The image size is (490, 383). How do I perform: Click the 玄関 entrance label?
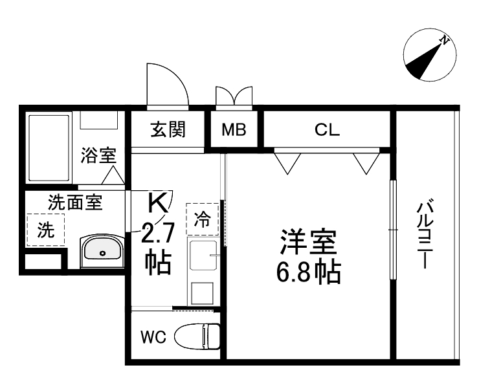coord(168,130)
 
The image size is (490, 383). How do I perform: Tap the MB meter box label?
coord(234,130)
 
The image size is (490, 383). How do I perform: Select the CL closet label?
coord(327,130)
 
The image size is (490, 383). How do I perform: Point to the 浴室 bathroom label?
coord(98,155)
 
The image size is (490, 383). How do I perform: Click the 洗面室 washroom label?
coord(75,202)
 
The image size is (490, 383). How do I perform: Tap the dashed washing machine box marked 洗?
coord(46,230)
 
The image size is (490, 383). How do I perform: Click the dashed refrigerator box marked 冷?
coord(203,219)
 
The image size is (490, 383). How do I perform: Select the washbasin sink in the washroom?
coord(100,250)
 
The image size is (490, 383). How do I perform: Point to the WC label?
coord(153,337)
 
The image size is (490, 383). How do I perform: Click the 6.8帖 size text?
coord(307,274)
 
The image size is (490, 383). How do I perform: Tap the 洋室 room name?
coord(307,243)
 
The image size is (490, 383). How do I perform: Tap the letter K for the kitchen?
coord(157,202)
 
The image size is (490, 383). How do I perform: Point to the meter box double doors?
coord(233,96)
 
